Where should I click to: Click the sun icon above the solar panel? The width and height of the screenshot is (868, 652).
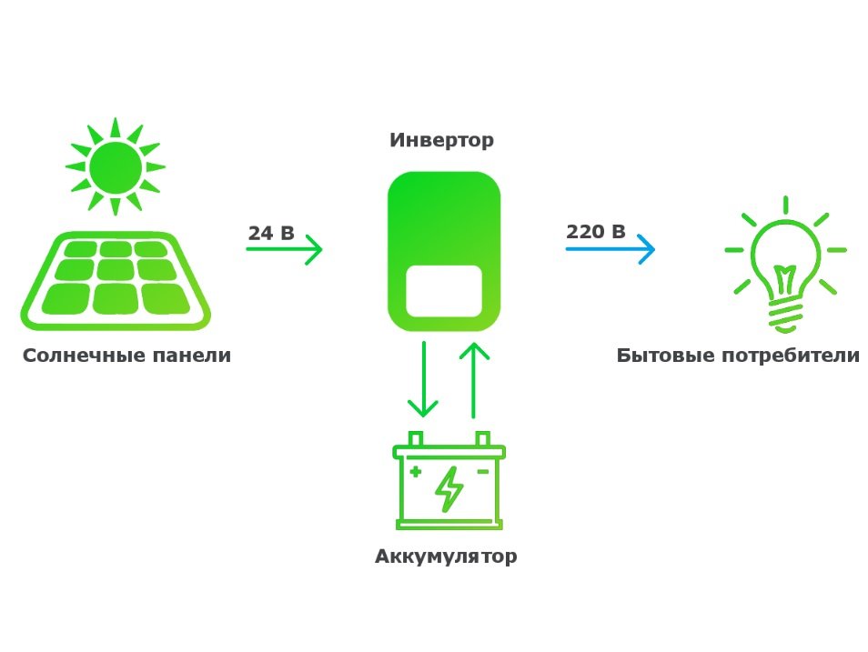pos(116,166)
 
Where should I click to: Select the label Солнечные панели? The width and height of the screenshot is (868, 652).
pos(126,356)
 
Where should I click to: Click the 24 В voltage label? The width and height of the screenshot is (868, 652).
pos(271,233)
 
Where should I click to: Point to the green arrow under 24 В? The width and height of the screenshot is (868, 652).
pos(284,250)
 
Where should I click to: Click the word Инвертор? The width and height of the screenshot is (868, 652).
pos(441,140)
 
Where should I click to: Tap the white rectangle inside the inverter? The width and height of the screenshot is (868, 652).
pos(444,291)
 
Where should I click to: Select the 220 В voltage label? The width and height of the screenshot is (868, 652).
pos(596,231)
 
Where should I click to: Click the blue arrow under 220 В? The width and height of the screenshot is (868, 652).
pos(610,249)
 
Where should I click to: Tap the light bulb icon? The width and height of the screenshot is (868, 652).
pos(785,265)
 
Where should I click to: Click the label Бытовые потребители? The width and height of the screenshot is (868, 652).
pos(738,356)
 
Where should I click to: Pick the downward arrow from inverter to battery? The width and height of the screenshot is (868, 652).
pos(423,379)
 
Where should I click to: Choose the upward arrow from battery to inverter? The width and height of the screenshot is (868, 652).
pos(474,380)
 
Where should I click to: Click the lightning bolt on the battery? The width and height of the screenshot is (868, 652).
pos(449,488)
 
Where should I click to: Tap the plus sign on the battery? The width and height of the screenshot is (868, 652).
pos(416,472)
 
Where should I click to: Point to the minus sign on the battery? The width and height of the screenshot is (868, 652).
pos(483,472)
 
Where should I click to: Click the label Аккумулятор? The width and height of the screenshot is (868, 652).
pos(446,556)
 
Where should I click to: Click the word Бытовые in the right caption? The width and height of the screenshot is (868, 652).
pos(665,356)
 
